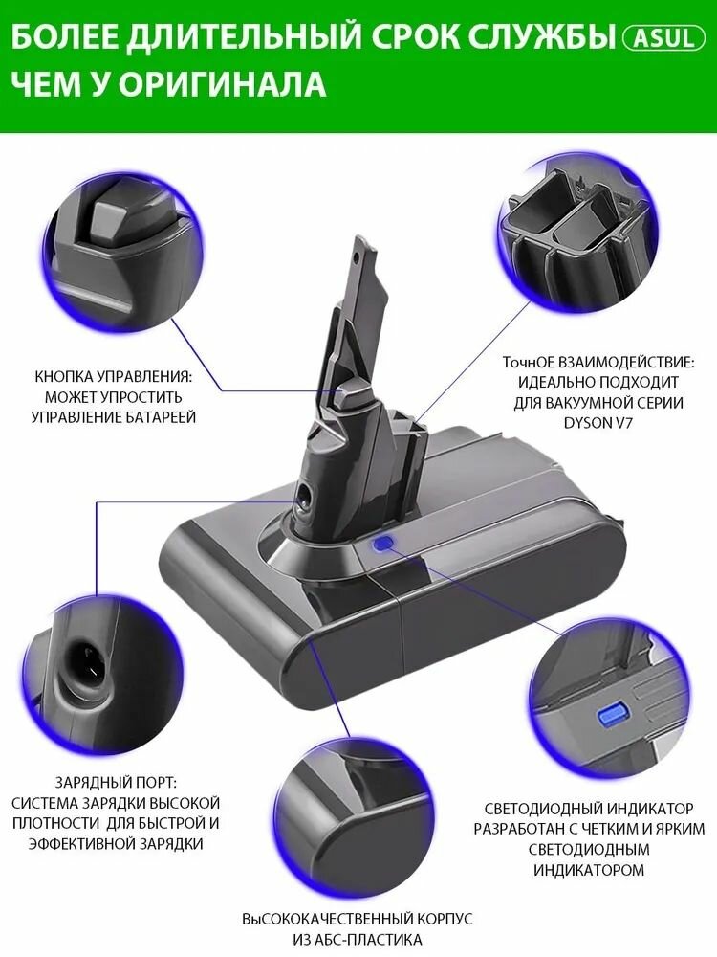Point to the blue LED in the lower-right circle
click(x=609, y=714)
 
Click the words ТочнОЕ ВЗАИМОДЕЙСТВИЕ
click(x=593, y=364)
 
